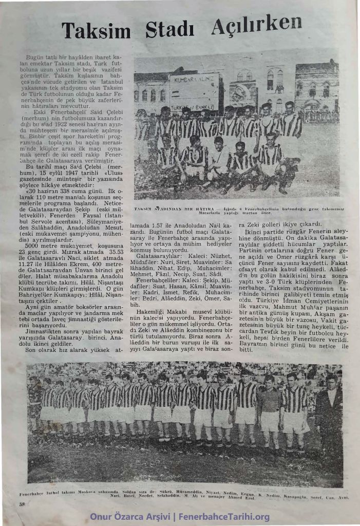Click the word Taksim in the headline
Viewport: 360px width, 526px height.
click(96, 31)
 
